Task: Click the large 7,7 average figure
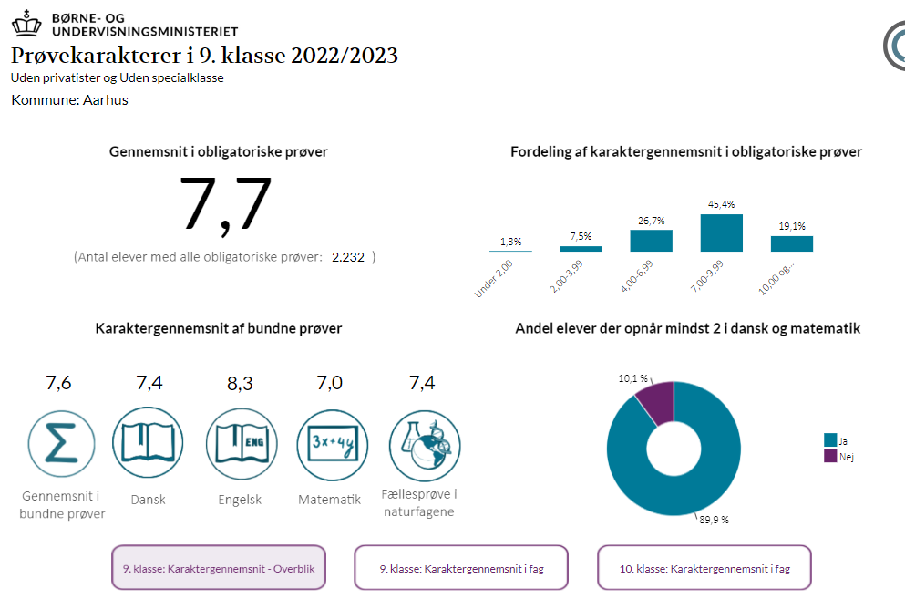[227, 205]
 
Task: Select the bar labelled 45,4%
[721, 232]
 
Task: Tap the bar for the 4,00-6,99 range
[651, 241]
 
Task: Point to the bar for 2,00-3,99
[581, 248]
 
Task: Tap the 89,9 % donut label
[714, 520]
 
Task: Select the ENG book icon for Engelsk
[241, 443]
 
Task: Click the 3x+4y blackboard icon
[330, 443]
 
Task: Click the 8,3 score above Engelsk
[240, 384]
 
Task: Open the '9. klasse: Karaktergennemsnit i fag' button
[461, 568]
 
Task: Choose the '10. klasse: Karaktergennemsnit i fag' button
[704, 568]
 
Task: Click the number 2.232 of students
[347, 258]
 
